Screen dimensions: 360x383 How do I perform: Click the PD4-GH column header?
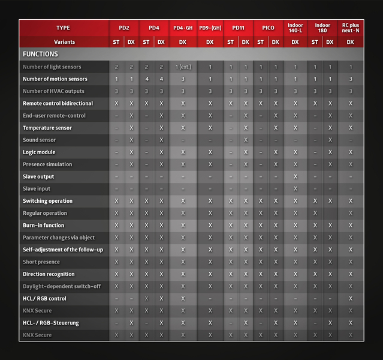[x=183, y=28]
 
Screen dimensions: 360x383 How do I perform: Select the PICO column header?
[x=268, y=28]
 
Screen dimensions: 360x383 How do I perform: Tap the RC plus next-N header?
[x=351, y=28]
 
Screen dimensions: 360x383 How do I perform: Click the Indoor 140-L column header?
[x=295, y=28]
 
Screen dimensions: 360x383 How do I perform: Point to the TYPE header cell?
[x=63, y=28]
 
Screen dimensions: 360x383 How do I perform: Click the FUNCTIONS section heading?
[x=40, y=54]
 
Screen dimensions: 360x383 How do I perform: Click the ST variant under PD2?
[x=116, y=42]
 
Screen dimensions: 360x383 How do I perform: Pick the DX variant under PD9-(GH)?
[x=210, y=42]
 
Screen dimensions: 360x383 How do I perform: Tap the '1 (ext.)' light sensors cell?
[x=183, y=67]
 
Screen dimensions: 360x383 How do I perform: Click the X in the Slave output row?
[x=295, y=176]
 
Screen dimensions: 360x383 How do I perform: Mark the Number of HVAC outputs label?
[x=53, y=91]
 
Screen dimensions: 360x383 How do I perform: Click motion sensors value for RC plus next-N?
[x=351, y=79]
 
